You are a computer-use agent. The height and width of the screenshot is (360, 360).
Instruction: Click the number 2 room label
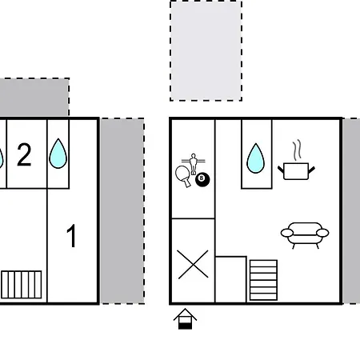pos(24,154)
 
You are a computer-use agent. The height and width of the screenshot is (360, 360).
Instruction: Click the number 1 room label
pos(72,236)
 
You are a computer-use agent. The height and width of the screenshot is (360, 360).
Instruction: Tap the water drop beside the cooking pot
pos(256,158)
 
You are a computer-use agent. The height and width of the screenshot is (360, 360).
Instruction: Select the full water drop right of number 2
pos(58,154)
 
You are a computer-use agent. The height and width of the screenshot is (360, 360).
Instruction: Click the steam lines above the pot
pos(297,150)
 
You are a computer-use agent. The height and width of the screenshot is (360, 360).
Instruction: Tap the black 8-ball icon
pos(202,179)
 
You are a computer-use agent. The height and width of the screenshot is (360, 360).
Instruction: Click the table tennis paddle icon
pos(183,176)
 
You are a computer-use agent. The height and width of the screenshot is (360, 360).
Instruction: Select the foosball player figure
pos(194,163)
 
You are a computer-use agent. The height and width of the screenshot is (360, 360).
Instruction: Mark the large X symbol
pos(193,264)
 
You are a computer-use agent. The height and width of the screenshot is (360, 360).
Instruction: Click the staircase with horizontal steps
pos(263,280)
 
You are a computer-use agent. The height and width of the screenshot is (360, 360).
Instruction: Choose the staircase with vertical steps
pos(22,285)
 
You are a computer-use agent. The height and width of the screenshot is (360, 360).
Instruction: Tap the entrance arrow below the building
pos(185,319)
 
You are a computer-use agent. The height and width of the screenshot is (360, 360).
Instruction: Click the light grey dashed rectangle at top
pos(206,50)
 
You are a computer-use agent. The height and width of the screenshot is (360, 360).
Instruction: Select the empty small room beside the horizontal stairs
pos(230,280)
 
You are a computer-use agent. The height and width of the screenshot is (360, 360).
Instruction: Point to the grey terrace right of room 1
pos(122,211)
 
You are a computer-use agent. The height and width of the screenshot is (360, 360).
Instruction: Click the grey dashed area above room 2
pos(34,98)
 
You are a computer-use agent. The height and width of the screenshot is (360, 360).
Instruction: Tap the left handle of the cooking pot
pos(281,170)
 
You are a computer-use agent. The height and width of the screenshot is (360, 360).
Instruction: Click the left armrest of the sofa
pos(287,233)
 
